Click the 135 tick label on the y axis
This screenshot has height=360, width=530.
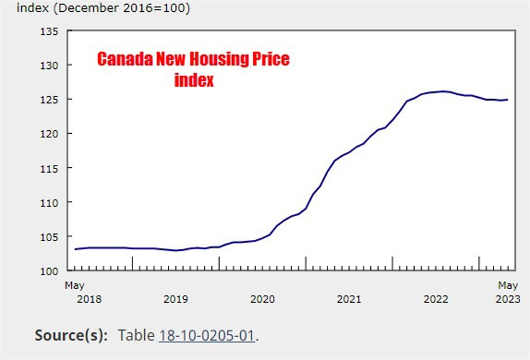tap(49, 31)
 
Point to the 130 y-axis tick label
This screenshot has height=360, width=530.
tap(49, 65)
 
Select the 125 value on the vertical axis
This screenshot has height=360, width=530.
tap(49, 99)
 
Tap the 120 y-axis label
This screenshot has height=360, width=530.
tap(49, 134)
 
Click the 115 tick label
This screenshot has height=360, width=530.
tap(49, 168)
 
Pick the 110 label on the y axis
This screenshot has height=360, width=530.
tap(49, 202)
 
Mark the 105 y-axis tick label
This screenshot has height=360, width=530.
tap(49, 237)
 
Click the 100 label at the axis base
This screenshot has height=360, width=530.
tap(49, 271)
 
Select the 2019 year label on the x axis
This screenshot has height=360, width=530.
tap(175, 299)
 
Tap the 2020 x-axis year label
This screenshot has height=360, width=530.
tap(263, 299)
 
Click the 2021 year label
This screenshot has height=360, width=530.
tap(349, 299)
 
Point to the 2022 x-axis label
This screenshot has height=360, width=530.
tap(436, 299)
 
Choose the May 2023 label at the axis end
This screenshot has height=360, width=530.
tap(508, 292)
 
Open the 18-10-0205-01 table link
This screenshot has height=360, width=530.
tap(207, 336)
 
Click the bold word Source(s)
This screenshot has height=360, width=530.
tap(71, 336)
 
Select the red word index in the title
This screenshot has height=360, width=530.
tap(194, 80)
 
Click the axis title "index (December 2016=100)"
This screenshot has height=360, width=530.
tap(103, 9)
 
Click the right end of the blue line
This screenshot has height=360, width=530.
tap(507, 100)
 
